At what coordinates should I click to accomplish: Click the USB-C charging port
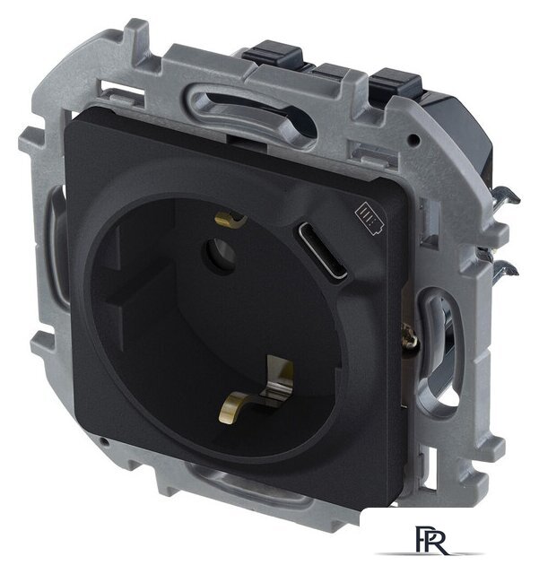pyautogui.click(x=322, y=250)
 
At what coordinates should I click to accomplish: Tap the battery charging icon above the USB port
pyautogui.click(x=369, y=219)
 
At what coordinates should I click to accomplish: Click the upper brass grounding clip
pyautogui.click(x=230, y=219)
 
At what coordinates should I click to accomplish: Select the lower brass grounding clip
pyautogui.click(x=256, y=388)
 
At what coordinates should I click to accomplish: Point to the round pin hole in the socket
pyautogui.click(x=221, y=255)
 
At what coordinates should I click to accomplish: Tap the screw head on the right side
pyautogui.click(x=410, y=336)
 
